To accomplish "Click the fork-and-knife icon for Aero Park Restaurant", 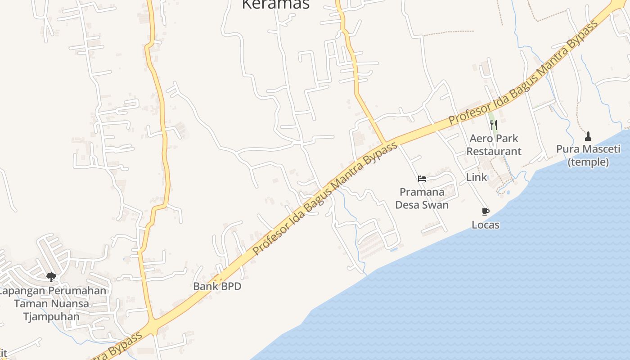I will click(x=494, y=125).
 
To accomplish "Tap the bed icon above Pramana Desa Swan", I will click(x=422, y=179).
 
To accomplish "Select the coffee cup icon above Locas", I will click(x=485, y=211).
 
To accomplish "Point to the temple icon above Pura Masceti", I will click(x=588, y=136).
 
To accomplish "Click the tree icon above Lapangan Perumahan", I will click(x=51, y=277).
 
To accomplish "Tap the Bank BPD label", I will click(x=217, y=286).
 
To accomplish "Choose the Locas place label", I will click(x=486, y=225).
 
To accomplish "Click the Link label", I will click(x=477, y=177).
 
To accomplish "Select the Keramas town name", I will click(x=276, y=4).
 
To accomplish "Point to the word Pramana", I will click(x=422, y=192).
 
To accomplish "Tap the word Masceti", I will click(x=603, y=149).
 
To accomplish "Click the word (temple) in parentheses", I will click(x=588, y=162).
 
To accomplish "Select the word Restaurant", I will click(x=494, y=151).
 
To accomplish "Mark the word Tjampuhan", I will click(x=51, y=316).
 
